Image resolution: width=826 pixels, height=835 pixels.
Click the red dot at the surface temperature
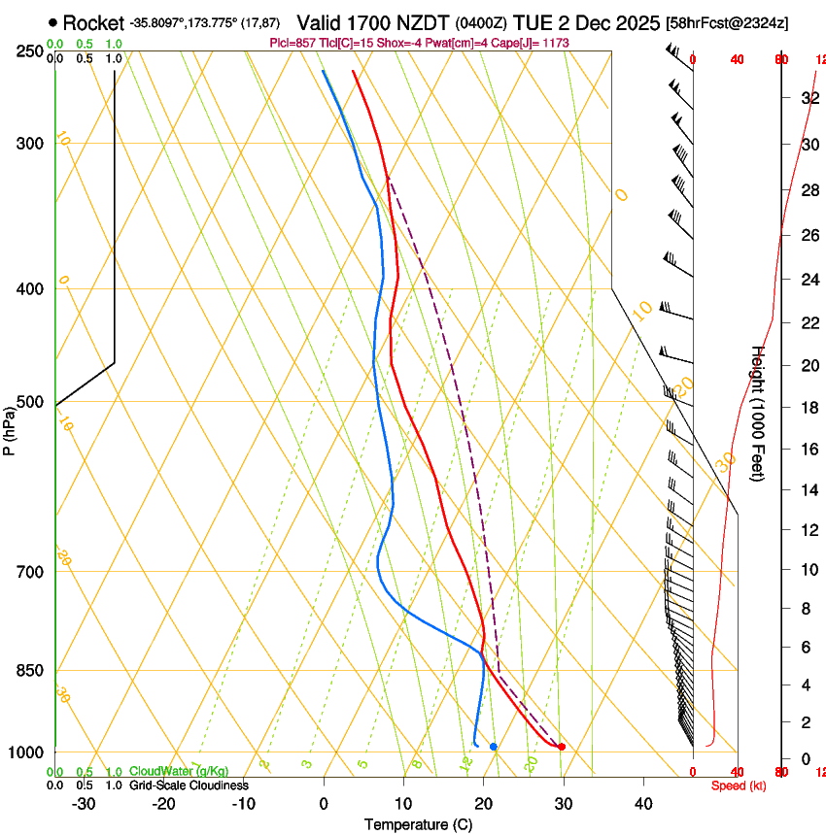561,747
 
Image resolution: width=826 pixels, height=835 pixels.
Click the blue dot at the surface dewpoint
494,747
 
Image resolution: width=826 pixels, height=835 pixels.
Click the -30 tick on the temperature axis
84,803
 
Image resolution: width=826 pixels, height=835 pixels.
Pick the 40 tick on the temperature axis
642,803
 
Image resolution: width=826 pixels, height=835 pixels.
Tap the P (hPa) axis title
9,426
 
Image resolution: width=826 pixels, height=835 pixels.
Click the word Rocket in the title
92,22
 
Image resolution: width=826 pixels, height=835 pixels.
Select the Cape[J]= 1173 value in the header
531,44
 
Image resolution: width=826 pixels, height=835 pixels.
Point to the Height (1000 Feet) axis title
759,414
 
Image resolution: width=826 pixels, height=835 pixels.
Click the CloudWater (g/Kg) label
179,772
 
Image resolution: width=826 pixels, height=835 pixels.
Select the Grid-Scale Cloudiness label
189,785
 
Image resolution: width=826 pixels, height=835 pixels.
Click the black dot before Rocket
52,22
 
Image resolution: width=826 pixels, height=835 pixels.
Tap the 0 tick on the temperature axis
324,803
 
